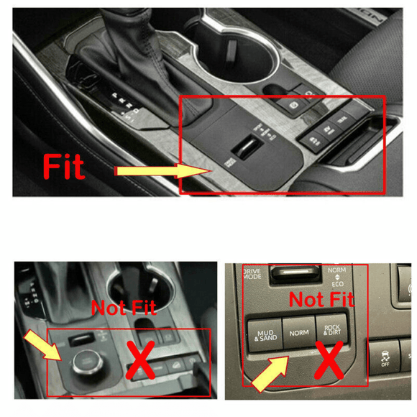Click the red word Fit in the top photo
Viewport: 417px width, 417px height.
[x=65, y=166]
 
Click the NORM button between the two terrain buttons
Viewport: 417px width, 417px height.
[x=298, y=333]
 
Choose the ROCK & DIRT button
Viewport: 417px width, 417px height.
[x=333, y=331]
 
